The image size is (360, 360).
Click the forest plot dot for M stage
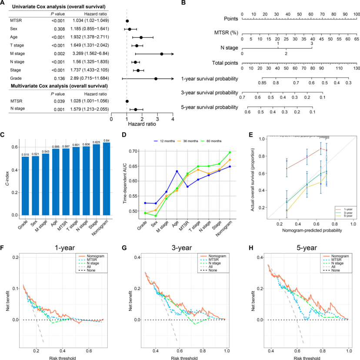pyautogui.click(x=162, y=54)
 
